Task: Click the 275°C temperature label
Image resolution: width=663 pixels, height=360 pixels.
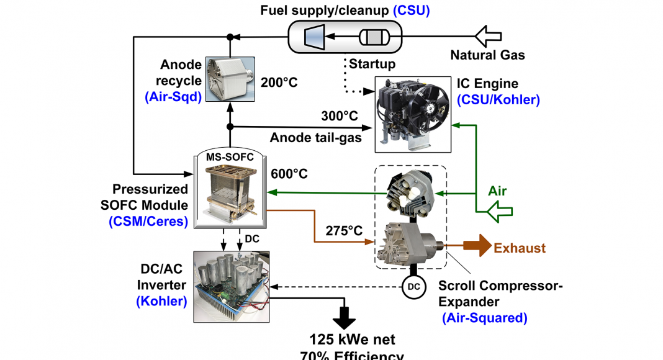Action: pyautogui.click(x=345, y=230)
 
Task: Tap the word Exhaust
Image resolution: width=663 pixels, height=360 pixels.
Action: pyautogui.click(x=520, y=248)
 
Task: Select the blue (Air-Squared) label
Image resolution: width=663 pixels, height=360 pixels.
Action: pyautogui.click(x=485, y=318)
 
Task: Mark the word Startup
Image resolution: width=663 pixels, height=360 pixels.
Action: pyautogui.click(x=372, y=64)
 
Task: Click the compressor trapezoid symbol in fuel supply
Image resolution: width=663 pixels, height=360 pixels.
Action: pyautogui.click(x=311, y=37)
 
